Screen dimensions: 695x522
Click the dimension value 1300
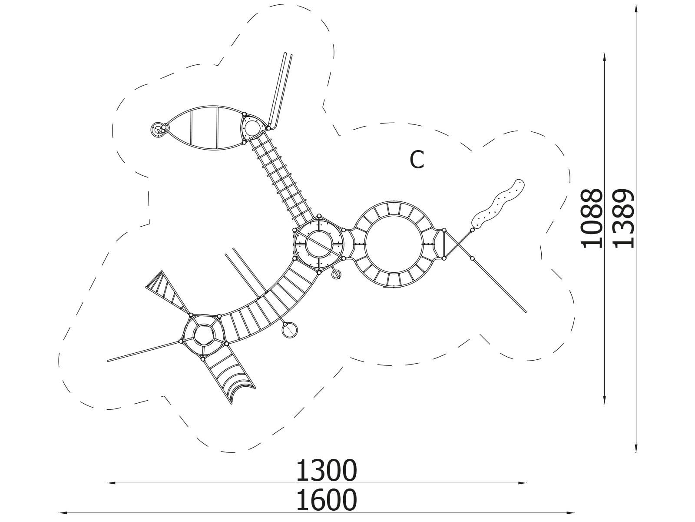click(326, 471)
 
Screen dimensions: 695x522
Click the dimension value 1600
click(326, 500)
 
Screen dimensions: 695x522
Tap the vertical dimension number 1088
click(591, 218)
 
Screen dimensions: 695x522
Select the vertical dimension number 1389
click(623, 218)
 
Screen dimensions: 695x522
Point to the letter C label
click(417, 160)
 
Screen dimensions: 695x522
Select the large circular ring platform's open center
click(394, 244)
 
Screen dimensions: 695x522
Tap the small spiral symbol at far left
click(157, 129)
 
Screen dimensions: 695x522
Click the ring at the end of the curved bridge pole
click(290, 331)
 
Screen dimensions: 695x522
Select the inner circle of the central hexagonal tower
click(319, 244)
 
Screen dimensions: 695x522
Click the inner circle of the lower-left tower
click(204, 335)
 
